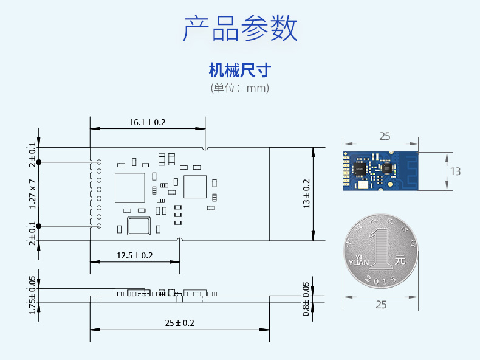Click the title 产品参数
coord(240,29)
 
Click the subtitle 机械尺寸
coord(239,70)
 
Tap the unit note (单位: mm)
coord(239,88)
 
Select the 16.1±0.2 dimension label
coord(147,122)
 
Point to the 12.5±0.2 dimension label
coord(134,255)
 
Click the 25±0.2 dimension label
coord(179,323)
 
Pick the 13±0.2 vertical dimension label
coord(306,194)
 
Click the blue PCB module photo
coord(380,171)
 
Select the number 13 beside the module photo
coord(455,171)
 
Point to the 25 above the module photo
coord(384,137)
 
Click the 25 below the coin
coord(381,305)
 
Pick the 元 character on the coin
coord(399,258)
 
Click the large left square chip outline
coord(130,188)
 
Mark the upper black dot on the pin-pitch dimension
coord(38,162)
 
